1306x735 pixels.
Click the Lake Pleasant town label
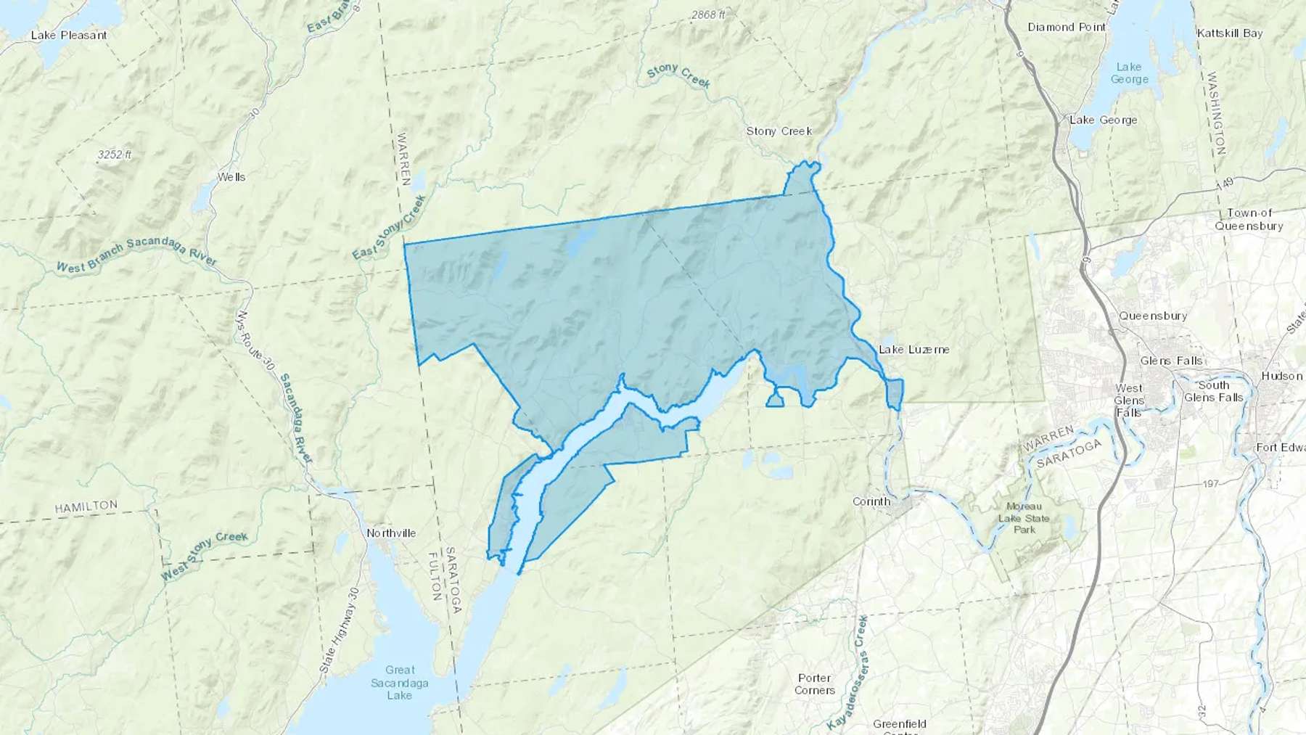click(69, 35)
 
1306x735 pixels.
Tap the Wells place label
click(231, 177)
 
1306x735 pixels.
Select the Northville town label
click(391, 533)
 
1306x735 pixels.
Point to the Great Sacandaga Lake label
click(400, 682)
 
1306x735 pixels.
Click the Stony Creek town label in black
click(779, 131)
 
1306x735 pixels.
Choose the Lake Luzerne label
click(913, 350)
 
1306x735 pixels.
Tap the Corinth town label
click(871, 501)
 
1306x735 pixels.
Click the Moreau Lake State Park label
click(1024, 518)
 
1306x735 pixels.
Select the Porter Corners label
click(814, 683)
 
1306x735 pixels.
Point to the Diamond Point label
click(1067, 27)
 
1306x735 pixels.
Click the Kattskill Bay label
click(1230, 33)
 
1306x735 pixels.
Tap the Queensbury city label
click(1153, 316)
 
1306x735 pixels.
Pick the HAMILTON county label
click(86, 506)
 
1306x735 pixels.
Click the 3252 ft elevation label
click(115, 155)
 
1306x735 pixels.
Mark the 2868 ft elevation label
click(707, 15)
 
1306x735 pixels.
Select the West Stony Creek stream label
click(205, 557)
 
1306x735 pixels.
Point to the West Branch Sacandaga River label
click(136, 255)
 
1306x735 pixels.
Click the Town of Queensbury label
click(1249, 219)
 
